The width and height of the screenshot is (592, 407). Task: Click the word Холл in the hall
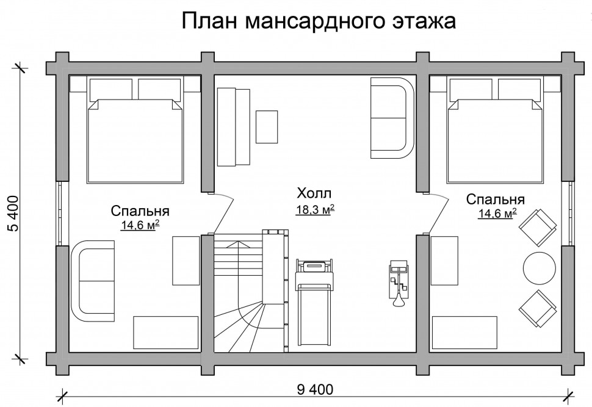click(x=314, y=193)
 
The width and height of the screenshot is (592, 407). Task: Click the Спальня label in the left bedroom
click(x=140, y=211)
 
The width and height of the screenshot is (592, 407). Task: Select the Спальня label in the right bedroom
click(x=496, y=200)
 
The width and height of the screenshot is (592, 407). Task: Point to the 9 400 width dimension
click(x=315, y=389)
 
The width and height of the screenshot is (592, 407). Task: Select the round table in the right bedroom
click(x=539, y=268)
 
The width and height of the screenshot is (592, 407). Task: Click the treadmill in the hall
click(x=315, y=302)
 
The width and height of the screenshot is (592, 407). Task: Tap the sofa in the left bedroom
click(x=93, y=281)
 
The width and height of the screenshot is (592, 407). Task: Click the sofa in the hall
click(x=392, y=118)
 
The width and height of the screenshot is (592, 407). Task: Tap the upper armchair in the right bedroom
click(x=538, y=227)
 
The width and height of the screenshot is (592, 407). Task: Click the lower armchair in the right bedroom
click(x=538, y=309)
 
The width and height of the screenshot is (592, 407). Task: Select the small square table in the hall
click(x=267, y=127)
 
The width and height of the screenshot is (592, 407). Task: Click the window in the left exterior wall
click(x=63, y=214)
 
